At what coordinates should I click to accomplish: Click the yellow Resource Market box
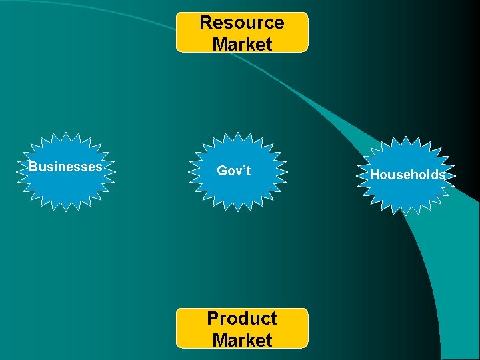(x=242, y=32)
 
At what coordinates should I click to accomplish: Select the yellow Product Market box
(x=242, y=328)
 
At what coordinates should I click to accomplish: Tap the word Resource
(x=242, y=23)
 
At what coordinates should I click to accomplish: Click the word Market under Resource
(x=242, y=45)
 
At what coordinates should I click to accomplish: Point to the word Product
(x=242, y=318)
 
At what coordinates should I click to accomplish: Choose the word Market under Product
(x=242, y=340)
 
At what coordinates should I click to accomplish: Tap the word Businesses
(x=65, y=167)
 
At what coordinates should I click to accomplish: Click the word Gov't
(x=234, y=171)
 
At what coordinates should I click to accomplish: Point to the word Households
(x=407, y=175)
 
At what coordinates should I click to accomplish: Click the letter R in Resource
(x=206, y=23)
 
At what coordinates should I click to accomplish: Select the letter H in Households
(x=374, y=175)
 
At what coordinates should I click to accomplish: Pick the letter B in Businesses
(x=32, y=167)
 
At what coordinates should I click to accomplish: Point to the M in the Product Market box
(x=220, y=340)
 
